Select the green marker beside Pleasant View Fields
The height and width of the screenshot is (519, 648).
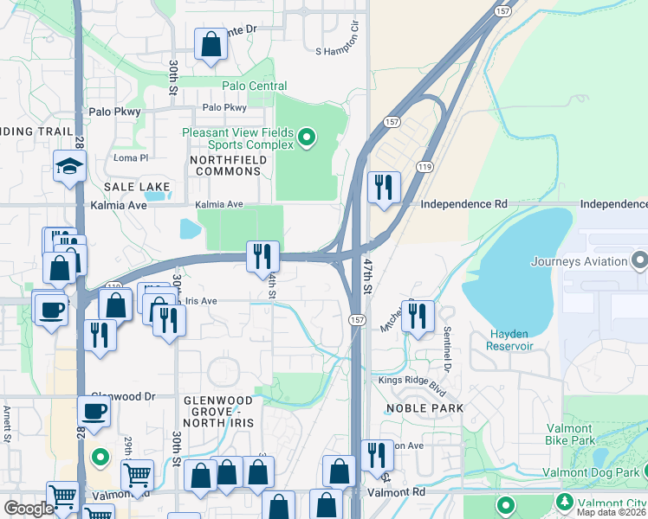point(306,137)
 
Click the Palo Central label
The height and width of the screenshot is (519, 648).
point(254,86)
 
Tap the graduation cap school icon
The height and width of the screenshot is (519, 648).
point(68,167)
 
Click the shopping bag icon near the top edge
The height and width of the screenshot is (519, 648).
point(211,43)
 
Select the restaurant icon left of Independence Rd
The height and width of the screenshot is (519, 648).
point(383,186)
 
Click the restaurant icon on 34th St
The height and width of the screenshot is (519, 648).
point(262,256)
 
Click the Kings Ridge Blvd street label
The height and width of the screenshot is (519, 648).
point(411,381)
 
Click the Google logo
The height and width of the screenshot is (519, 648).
point(29,509)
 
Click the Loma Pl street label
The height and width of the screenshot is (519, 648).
point(132,158)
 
